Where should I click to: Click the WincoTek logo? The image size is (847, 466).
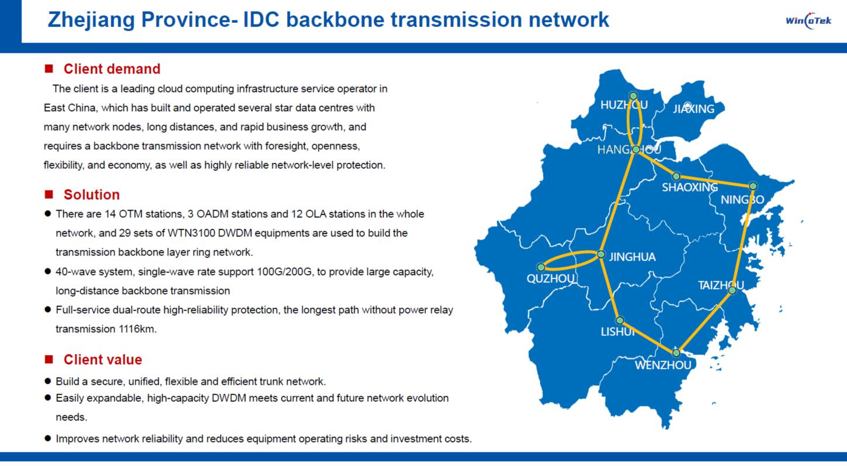pyautogui.click(x=808, y=22)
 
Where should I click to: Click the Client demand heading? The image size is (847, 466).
pyautogui.click(x=112, y=69)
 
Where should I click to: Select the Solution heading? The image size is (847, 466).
pyautogui.click(x=91, y=194)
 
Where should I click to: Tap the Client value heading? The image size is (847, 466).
pyautogui.click(x=102, y=359)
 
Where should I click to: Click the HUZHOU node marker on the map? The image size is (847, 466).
pyautogui.click(x=633, y=96)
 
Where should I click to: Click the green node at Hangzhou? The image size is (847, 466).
pyautogui.click(x=635, y=149)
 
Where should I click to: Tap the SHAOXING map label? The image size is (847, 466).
pyautogui.click(x=689, y=187)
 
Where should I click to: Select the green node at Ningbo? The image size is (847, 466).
pyautogui.click(x=753, y=186)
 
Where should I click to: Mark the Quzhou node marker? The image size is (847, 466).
pyautogui.click(x=541, y=267)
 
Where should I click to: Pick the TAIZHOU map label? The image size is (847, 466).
pyautogui.click(x=721, y=285)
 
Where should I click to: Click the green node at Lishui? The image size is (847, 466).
pyautogui.click(x=620, y=321)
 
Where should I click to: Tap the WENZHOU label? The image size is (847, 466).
pyautogui.click(x=663, y=366)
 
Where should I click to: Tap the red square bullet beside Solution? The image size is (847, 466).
pyautogui.click(x=49, y=194)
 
